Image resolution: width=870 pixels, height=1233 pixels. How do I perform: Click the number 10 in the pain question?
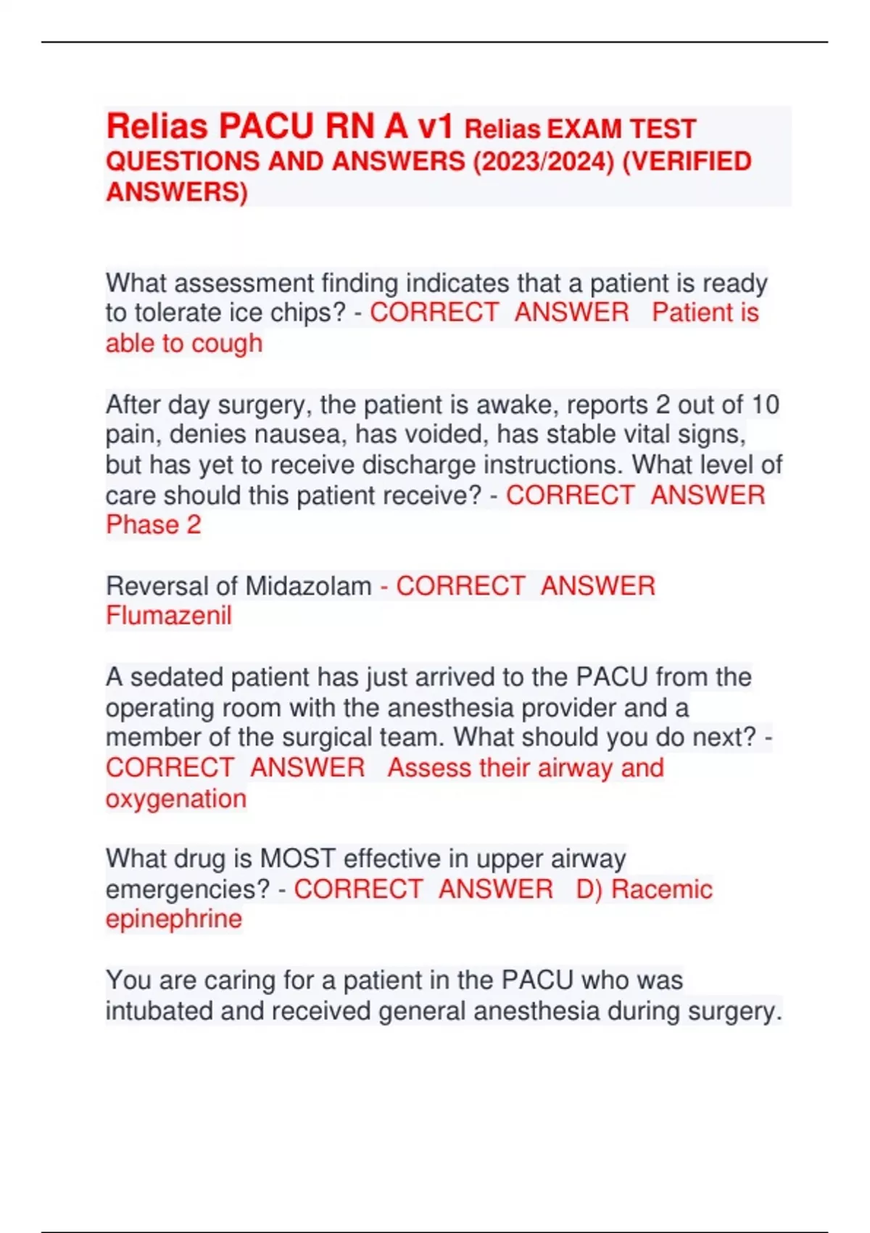[764, 404]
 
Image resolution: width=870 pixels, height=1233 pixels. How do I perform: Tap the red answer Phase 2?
[154, 525]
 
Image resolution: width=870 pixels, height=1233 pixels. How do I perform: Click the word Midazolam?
[309, 586]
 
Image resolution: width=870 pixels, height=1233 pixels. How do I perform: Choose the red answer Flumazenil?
[169, 616]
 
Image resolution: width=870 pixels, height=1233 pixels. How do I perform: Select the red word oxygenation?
[176, 799]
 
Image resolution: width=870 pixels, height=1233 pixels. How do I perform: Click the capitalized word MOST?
[298, 859]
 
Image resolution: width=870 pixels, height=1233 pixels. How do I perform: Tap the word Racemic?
[662, 889]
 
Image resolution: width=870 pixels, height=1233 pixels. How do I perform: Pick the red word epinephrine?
[174, 919]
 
